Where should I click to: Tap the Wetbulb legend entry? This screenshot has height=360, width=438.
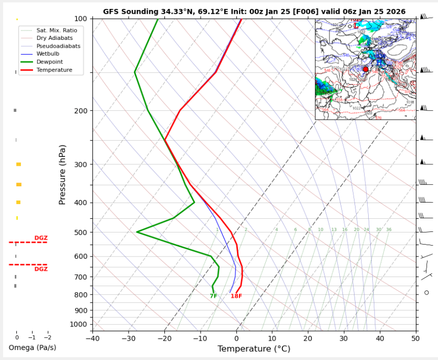point(47,54)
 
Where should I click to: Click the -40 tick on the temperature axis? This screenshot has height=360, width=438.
point(92,338)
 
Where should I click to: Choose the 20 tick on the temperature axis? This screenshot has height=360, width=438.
point(308,338)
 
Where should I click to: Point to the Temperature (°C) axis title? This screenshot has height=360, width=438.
point(254,349)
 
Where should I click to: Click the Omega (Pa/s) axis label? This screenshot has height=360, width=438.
point(32,348)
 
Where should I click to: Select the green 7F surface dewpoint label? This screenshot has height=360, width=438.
point(213,296)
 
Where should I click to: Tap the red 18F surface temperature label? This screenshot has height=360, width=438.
point(236,296)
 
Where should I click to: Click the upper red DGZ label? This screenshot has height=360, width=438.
point(41,238)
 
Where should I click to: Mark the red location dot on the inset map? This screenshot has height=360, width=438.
point(366,69)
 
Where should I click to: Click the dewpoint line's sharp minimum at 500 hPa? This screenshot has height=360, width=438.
point(137,232)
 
